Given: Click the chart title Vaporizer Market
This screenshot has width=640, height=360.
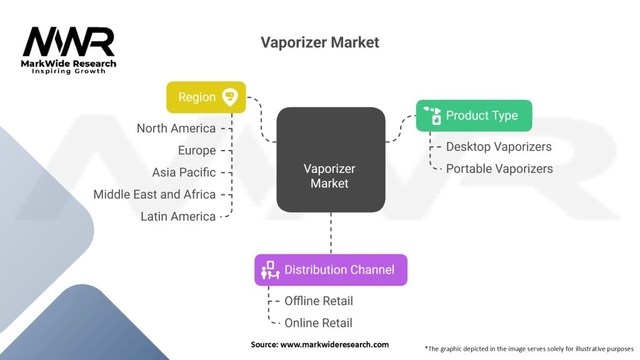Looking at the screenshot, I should click(319, 42).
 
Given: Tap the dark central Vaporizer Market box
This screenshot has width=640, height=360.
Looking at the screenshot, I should click(330, 159).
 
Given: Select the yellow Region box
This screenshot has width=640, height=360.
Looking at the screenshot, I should click(206, 97).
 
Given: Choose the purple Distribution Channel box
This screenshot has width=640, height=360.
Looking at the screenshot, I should click(331, 270).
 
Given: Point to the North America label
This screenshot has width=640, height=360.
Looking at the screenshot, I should click(176, 128).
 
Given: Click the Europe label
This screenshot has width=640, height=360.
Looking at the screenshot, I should click(196, 151).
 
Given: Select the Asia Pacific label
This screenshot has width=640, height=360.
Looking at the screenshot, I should click(184, 172).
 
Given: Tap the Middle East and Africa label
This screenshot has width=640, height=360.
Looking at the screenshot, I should click(154, 194).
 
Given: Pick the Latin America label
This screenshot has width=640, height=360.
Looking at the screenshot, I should click(178, 216).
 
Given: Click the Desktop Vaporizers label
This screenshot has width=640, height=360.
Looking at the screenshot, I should click(499, 147).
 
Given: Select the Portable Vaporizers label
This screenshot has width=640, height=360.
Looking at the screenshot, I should click(499, 169).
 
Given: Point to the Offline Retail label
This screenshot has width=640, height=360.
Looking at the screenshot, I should click(319, 301).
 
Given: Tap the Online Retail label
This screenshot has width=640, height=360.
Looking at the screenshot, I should click(318, 322).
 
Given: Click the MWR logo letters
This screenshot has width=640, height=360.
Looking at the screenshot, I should click(69, 42).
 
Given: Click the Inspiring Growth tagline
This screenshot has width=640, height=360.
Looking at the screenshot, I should click(69, 71).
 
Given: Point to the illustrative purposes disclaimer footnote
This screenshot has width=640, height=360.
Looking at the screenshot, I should click(529, 348).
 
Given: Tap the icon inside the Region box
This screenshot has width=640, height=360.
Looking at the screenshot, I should click(230, 96).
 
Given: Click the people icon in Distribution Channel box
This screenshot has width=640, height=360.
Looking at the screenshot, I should click(270, 270).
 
